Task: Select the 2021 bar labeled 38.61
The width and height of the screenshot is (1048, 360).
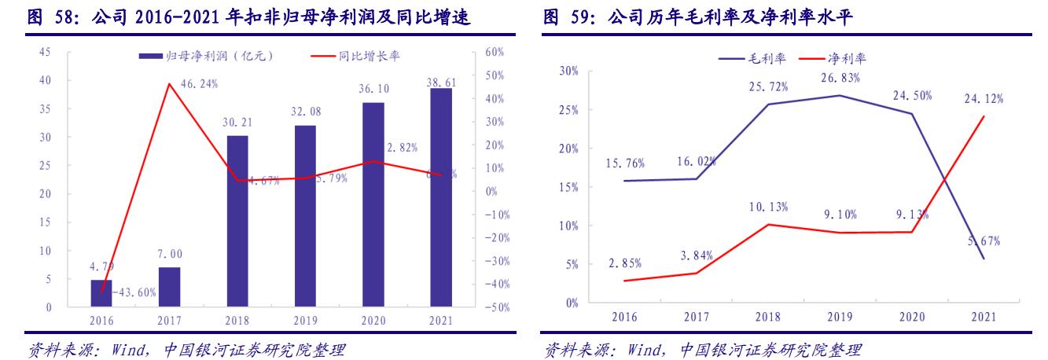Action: tap(441, 197)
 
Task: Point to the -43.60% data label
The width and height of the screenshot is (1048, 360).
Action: tap(134, 292)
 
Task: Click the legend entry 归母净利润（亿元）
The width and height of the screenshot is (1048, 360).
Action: tap(206, 57)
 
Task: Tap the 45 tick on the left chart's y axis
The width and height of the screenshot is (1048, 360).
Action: tap(45, 52)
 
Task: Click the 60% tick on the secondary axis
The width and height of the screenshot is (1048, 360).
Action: tap(495, 52)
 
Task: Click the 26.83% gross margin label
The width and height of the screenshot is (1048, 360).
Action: tap(840, 78)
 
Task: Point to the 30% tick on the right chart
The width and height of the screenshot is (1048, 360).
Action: tap(567, 71)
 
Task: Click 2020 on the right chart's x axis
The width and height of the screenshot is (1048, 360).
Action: tap(912, 317)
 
